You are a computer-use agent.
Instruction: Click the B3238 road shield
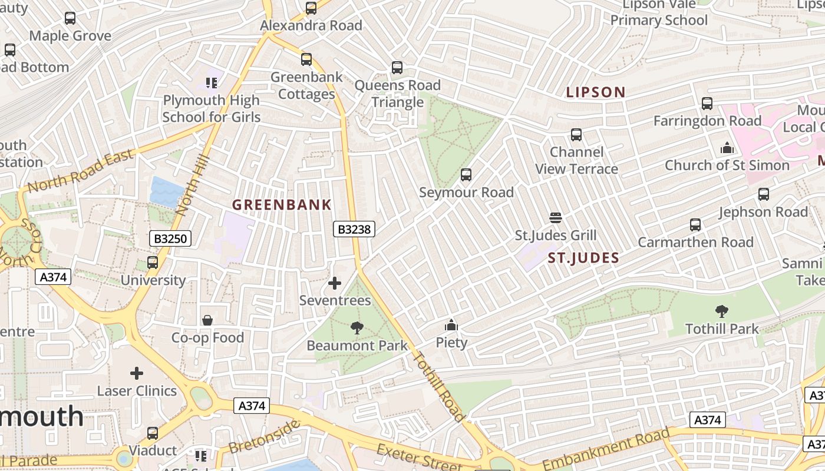pos(354,229)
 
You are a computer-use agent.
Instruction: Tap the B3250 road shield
pos(170,238)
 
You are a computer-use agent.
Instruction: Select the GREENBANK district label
pos(282,205)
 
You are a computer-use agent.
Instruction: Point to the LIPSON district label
pos(595,92)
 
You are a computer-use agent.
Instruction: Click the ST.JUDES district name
pos(583,258)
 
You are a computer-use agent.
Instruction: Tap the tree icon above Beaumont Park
pos(357,328)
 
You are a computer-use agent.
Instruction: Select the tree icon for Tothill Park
pos(721,311)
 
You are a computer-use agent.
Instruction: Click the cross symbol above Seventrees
pos(335,283)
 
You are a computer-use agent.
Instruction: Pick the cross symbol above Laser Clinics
pos(137,373)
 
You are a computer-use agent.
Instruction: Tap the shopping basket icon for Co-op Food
pos(207,320)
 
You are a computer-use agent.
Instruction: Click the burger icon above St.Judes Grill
pos(555,218)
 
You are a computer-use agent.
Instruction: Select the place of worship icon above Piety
pos(451,325)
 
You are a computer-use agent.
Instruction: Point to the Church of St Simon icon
pos(727,148)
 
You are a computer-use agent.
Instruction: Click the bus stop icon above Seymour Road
pos(466,175)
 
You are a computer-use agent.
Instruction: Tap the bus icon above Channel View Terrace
pos(576,135)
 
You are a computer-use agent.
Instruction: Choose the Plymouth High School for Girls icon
pos(211,83)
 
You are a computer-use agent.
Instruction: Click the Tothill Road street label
pos(439,386)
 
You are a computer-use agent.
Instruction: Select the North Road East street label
pos(81,172)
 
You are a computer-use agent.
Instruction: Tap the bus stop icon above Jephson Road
pos(764,194)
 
